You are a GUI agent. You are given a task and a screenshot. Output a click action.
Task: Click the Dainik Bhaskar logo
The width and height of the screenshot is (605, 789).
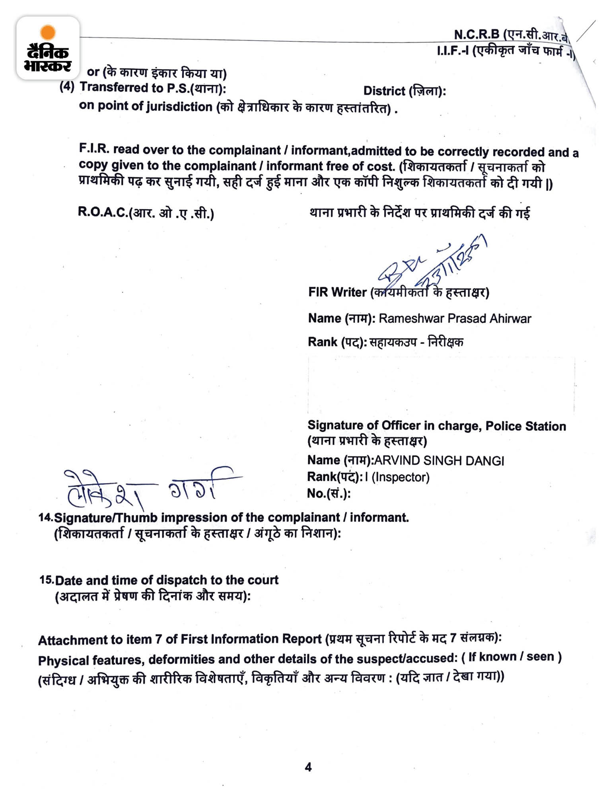pos(48,48)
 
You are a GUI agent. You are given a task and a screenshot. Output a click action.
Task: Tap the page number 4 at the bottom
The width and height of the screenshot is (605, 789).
pos(308,767)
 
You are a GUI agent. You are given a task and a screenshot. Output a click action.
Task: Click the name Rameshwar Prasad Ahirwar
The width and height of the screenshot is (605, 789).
pos(455,318)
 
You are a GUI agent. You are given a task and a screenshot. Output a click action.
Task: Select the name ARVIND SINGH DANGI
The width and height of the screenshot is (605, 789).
pos(439,461)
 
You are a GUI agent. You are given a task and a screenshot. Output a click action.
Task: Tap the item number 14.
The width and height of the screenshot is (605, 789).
pos(45,517)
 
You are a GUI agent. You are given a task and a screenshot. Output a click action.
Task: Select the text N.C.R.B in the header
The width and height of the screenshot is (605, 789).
pos(476,34)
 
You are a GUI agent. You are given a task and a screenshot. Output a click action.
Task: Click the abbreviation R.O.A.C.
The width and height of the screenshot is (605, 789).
pos(103,212)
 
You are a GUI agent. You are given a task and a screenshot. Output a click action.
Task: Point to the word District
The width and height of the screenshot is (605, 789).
pos(384,91)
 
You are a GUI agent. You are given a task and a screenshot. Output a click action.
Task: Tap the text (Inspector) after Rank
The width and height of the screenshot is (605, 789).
pos(401,477)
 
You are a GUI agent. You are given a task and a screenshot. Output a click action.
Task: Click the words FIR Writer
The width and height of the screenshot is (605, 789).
pos(337,292)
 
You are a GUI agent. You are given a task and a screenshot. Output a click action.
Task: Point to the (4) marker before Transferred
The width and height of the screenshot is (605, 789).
pos(67,87)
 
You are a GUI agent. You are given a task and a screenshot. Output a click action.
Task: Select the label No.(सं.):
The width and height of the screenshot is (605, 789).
pos(329,493)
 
